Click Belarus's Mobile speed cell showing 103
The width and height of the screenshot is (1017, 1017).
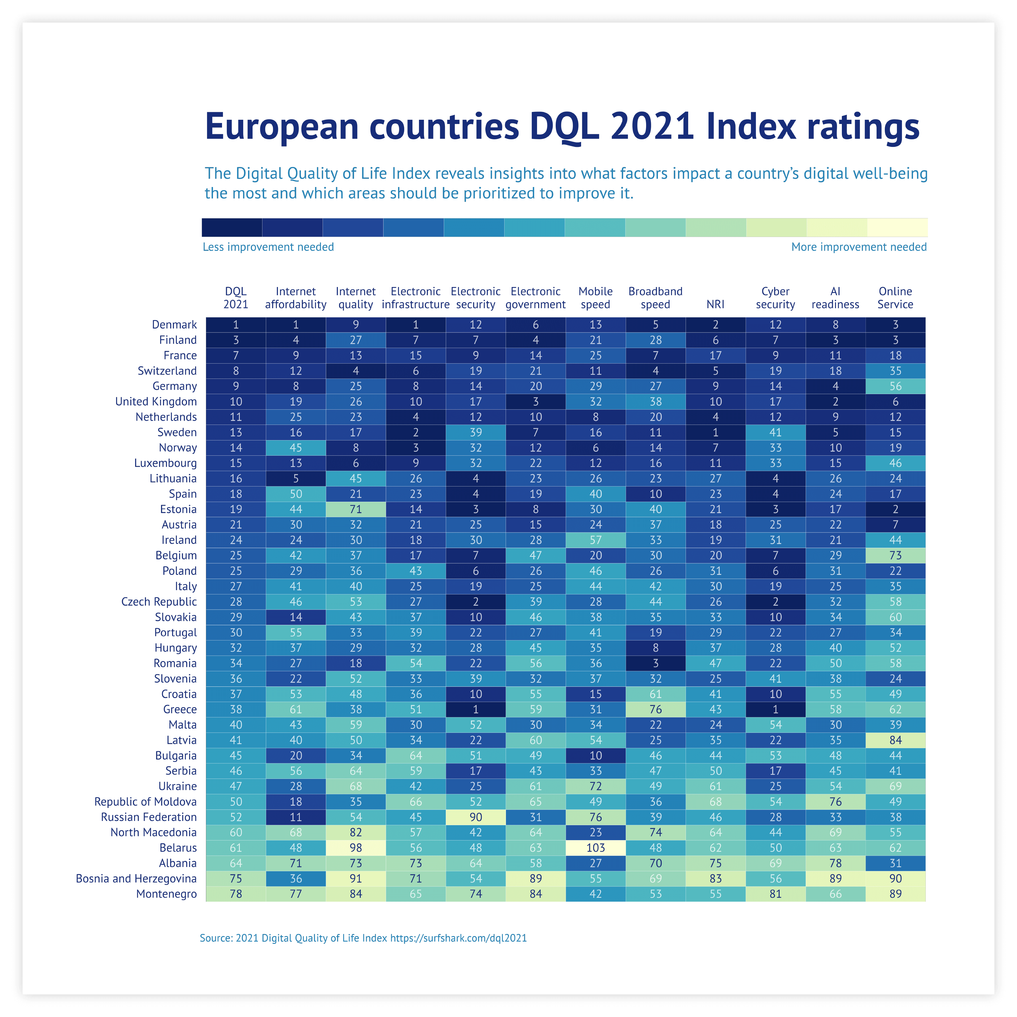tap(595, 847)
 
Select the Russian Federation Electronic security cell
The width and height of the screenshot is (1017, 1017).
tap(475, 817)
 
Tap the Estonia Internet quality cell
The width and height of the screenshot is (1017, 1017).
tap(356, 509)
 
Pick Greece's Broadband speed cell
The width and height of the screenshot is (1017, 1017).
tap(655, 709)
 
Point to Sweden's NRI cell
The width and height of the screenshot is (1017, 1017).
tap(715, 432)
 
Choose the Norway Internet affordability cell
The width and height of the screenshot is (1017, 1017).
tap(296, 447)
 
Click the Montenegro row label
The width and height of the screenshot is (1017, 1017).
tap(166, 894)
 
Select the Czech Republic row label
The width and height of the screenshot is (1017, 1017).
tap(159, 602)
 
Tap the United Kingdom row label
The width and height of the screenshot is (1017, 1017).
tap(156, 402)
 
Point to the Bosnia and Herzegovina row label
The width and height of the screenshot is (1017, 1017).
tap(136, 879)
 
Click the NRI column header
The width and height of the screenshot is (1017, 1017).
tap(715, 304)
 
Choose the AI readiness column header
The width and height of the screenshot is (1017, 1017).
tap(835, 298)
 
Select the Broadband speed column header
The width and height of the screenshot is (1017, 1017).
tap(655, 298)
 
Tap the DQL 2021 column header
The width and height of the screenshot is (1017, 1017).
tap(236, 298)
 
